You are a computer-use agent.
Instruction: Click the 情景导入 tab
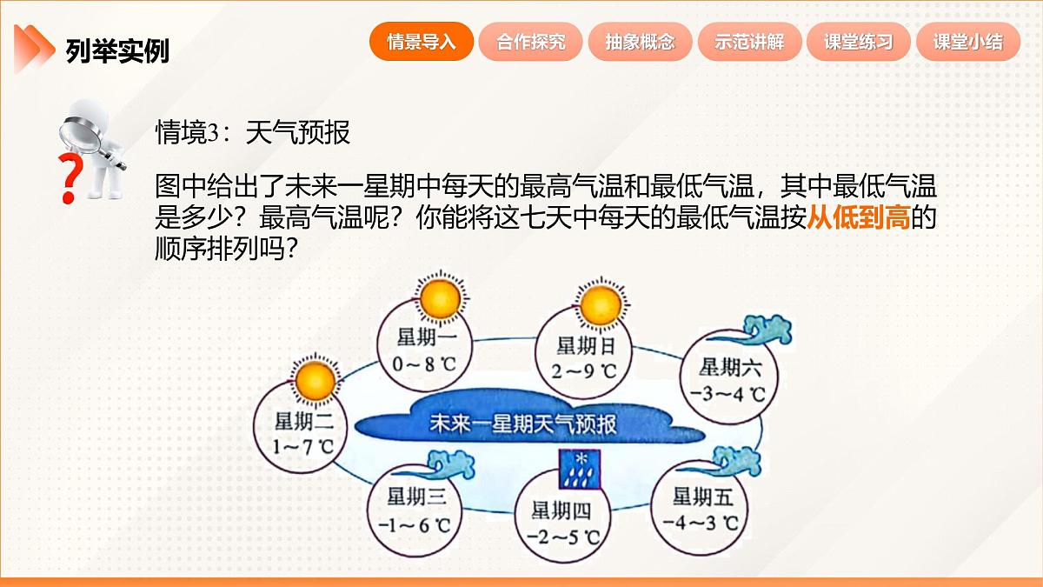tap(422, 42)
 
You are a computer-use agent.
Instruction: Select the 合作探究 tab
tap(531, 42)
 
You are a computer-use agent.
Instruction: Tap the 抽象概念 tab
tap(641, 42)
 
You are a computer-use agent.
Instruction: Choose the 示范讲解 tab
tap(749, 42)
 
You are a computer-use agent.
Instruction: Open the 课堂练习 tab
tap(859, 42)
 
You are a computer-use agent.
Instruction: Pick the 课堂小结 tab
tap(968, 42)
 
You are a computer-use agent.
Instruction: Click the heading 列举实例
tap(117, 51)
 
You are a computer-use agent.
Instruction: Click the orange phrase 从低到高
tap(858, 217)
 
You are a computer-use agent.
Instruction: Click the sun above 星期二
tap(312, 380)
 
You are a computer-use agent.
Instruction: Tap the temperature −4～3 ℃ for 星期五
tap(701, 524)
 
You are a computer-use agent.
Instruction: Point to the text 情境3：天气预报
tap(252, 133)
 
